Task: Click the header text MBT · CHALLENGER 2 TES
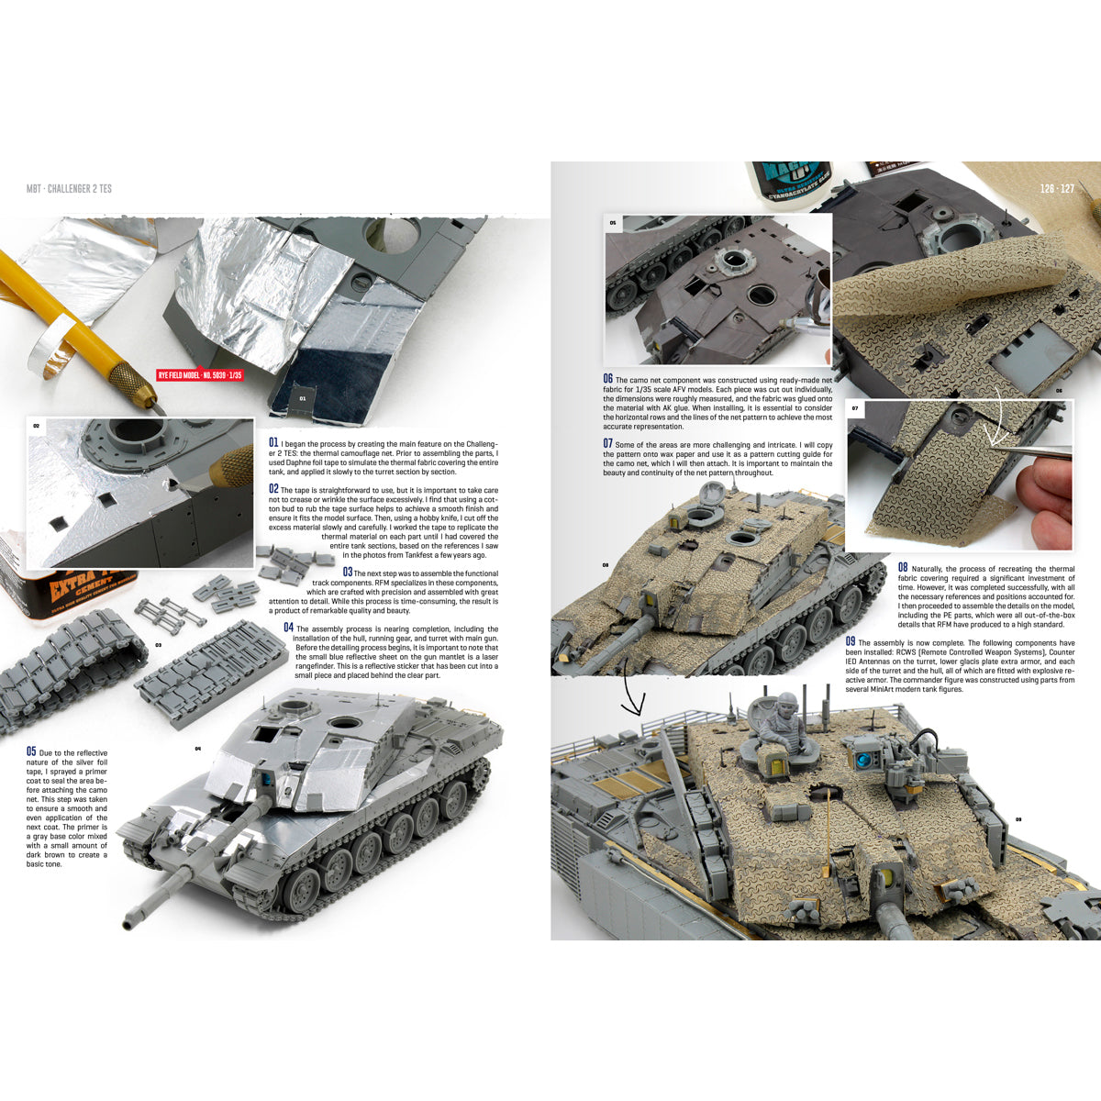click(69, 189)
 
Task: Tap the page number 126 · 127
click(1057, 189)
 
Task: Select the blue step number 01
click(273, 443)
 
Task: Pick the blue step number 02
click(273, 489)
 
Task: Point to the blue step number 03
click(347, 573)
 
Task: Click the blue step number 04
click(288, 628)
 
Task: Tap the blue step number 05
click(31, 751)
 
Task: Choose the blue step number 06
click(607, 378)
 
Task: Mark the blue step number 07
click(607, 443)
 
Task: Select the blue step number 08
click(903, 567)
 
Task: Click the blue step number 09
click(851, 641)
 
